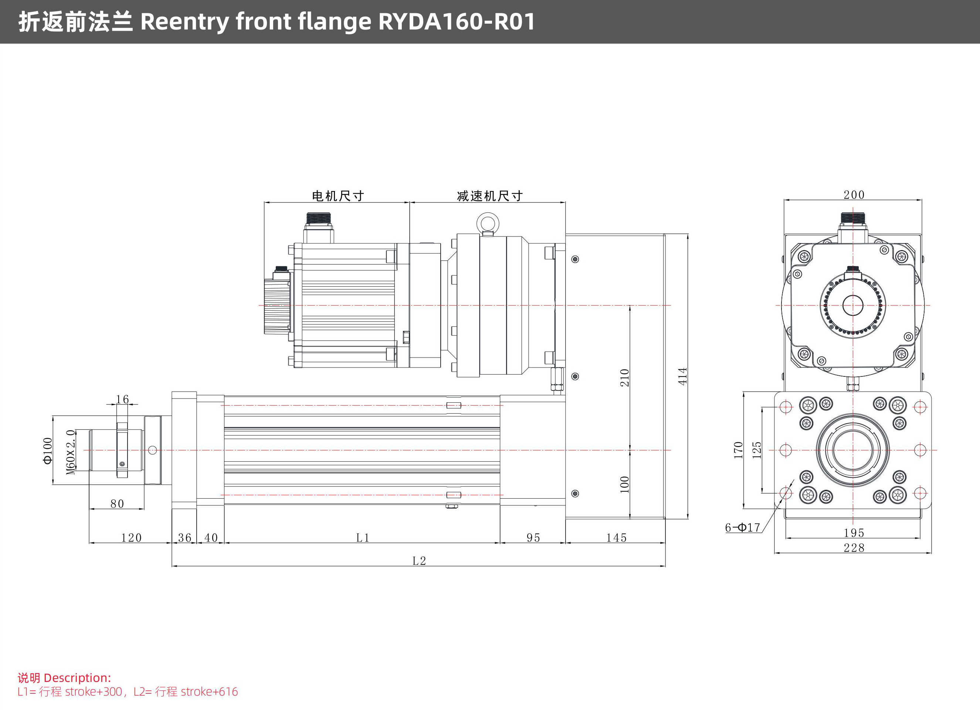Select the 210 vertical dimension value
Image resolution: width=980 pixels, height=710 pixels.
[x=624, y=378]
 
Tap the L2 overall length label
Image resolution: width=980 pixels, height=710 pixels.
[x=419, y=560]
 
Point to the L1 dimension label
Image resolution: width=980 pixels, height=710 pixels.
[x=363, y=538]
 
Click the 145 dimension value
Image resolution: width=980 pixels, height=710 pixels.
[x=616, y=538]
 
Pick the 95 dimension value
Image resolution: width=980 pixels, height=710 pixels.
[x=533, y=538]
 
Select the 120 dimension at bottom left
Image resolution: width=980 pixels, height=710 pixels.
[x=131, y=538]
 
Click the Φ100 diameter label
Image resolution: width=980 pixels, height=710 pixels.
[x=48, y=450]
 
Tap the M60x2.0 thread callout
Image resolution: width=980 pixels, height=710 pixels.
[x=71, y=452]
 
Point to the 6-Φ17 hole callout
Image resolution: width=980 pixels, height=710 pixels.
[x=742, y=527]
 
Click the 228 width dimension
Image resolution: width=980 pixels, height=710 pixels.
[x=854, y=547]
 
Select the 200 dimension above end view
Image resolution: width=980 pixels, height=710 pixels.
[x=854, y=195]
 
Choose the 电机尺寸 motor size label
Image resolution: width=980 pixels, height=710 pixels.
[x=338, y=196]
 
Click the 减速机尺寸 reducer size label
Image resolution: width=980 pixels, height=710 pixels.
[x=489, y=196]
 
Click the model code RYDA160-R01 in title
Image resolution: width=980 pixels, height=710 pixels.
[x=457, y=21]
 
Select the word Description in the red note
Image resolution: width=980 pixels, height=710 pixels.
[x=77, y=677]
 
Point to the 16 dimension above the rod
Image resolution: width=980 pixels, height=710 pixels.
[x=122, y=399]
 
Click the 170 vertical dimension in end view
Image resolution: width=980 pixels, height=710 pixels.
[x=738, y=450]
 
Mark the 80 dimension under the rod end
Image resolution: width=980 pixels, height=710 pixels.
[x=117, y=504]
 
